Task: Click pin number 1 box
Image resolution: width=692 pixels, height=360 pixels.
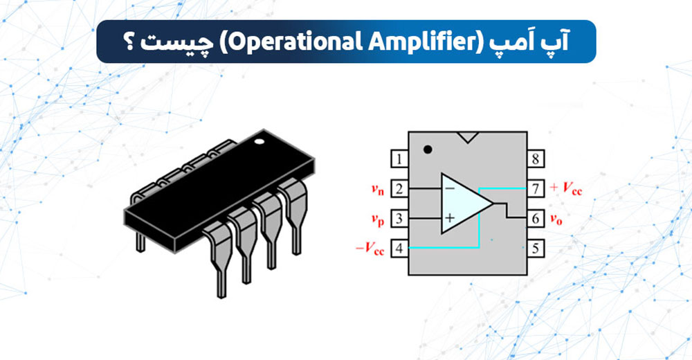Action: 399,160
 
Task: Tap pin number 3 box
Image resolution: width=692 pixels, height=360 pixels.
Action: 399,219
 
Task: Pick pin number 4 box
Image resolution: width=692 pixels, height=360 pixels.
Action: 399,248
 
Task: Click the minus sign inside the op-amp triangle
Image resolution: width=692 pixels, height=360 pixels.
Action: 450,188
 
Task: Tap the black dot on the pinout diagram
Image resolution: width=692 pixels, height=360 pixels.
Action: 428,148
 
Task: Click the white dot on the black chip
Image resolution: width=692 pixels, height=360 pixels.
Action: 259,143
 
